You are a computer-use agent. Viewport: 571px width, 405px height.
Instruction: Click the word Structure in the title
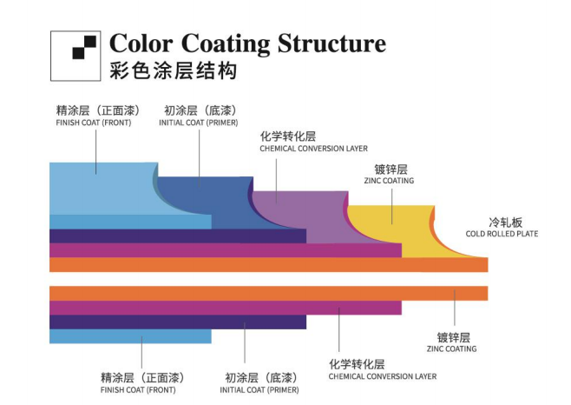(x=331, y=43)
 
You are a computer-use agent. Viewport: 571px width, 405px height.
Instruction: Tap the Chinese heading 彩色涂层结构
(x=174, y=71)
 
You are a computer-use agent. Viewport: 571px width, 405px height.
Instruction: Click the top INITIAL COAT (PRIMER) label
(x=199, y=123)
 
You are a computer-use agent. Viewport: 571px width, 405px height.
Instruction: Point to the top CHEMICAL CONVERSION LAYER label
(x=313, y=149)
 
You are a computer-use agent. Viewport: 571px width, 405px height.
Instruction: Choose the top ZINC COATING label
(x=389, y=181)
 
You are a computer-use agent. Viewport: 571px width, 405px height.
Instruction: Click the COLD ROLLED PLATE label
(x=501, y=234)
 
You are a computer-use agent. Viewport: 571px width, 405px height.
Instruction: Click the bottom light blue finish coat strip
(x=130, y=336)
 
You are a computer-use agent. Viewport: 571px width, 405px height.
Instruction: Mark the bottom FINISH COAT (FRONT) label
(x=138, y=390)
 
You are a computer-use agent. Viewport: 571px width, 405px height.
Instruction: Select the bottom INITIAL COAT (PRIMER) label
(x=259, y=390)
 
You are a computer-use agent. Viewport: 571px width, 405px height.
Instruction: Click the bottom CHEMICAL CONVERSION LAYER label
(x=382, y=376)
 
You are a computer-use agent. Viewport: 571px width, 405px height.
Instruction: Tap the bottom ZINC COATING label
(x=451, y=349)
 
